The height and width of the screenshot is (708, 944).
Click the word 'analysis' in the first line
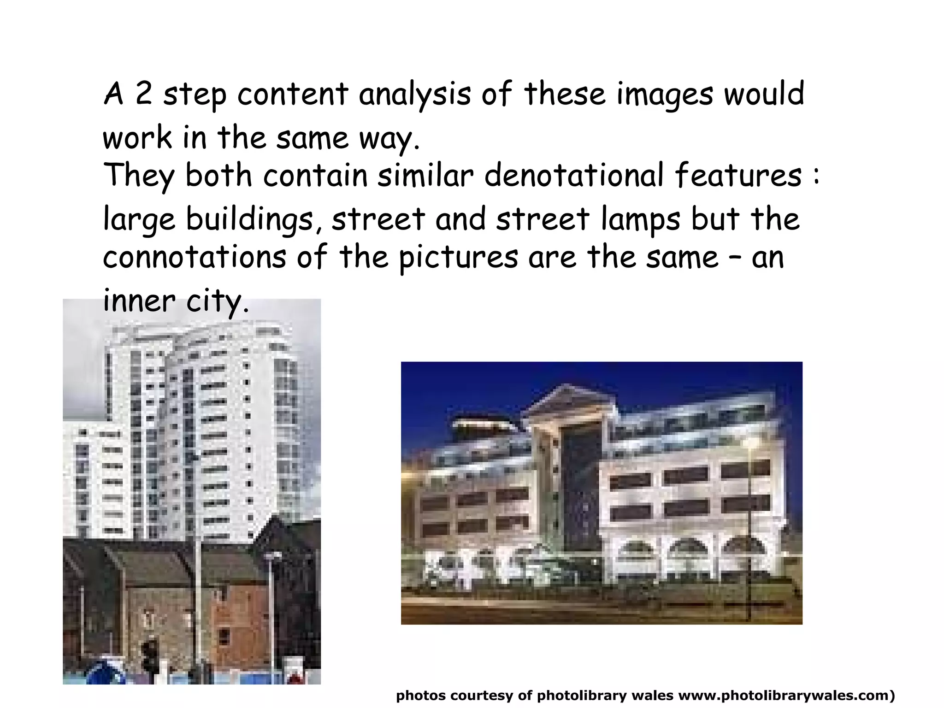coord(414,94)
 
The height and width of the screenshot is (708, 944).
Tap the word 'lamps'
coord(641,219)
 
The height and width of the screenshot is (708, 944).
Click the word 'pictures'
coord(458,258)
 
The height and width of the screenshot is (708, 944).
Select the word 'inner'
coord(139,301)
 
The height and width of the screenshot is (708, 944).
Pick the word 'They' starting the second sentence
coord(139,177)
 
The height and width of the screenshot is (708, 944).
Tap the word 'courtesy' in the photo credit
coord(482,696)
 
